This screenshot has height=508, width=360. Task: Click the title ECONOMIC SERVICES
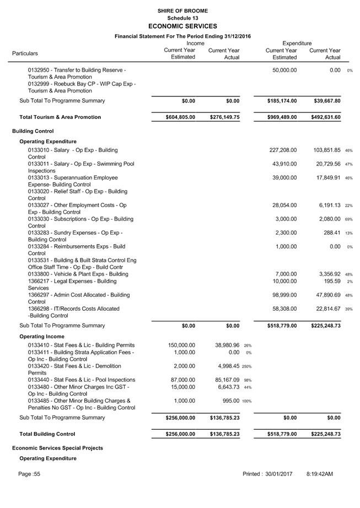coord(182,26)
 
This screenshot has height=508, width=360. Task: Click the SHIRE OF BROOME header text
coord(182,10)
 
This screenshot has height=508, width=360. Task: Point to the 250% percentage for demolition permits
coord(246,366)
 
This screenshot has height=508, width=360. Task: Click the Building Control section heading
coord(33,131)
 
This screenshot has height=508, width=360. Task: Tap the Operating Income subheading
coord(42,336)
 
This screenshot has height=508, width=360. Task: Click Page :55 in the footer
coord(29,474)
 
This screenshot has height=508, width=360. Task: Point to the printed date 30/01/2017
coord(278,474)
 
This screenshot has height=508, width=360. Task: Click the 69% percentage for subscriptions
coord(348,219)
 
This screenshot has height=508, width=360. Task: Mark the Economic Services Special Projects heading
coord(57,448)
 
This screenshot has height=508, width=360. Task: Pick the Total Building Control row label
coord(47,434)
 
